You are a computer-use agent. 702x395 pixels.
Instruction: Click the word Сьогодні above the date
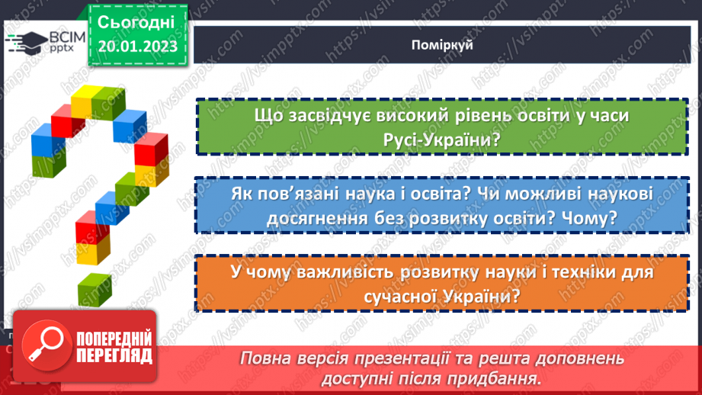[137, 21]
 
